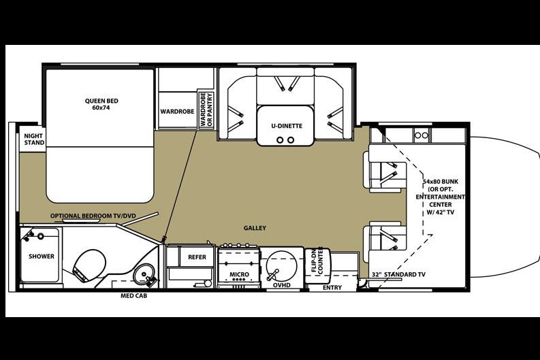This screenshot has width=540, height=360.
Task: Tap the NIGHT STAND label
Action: pyautogui.click(x=34, y=140)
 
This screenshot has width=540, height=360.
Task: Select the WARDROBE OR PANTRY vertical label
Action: pyautogui.click(x=206, y=109)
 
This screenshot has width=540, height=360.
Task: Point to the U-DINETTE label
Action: pyautogui.click(x=287, y=126)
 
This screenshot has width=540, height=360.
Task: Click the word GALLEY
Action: pyautogui.click(x=255, y=228)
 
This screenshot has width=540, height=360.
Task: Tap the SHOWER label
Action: pyautogui.click(x=42, y=257)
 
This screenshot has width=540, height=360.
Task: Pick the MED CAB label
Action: pyautogui.click(x=133, y=295)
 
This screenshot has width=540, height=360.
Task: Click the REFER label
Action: pyautogui.click(x=197, y=257)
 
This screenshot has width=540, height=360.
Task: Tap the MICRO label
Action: pyautogui.click(x=239, y=274)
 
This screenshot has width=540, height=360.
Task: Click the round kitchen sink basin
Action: pyautogui.click(x=281, y=265)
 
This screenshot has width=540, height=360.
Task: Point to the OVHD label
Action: pyautogui.click(x=282, y=285)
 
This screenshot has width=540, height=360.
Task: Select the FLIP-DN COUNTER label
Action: pyautogui.click(x=317, y=261)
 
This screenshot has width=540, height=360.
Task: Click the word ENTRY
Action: pyautogui.click(x=332, y=288)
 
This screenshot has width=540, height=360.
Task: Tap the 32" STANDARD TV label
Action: pyautogui.click(x=398, y=275)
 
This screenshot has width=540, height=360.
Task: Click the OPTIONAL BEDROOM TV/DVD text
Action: pyautogui.click(x=93, y=216)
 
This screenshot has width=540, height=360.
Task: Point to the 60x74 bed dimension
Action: pyautogui.click(x=101, y=108)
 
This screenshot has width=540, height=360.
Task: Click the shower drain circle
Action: pyautogui.click(x=41, y=236)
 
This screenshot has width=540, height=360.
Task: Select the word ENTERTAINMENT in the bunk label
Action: pyautogui.click(x=440, y=197)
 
